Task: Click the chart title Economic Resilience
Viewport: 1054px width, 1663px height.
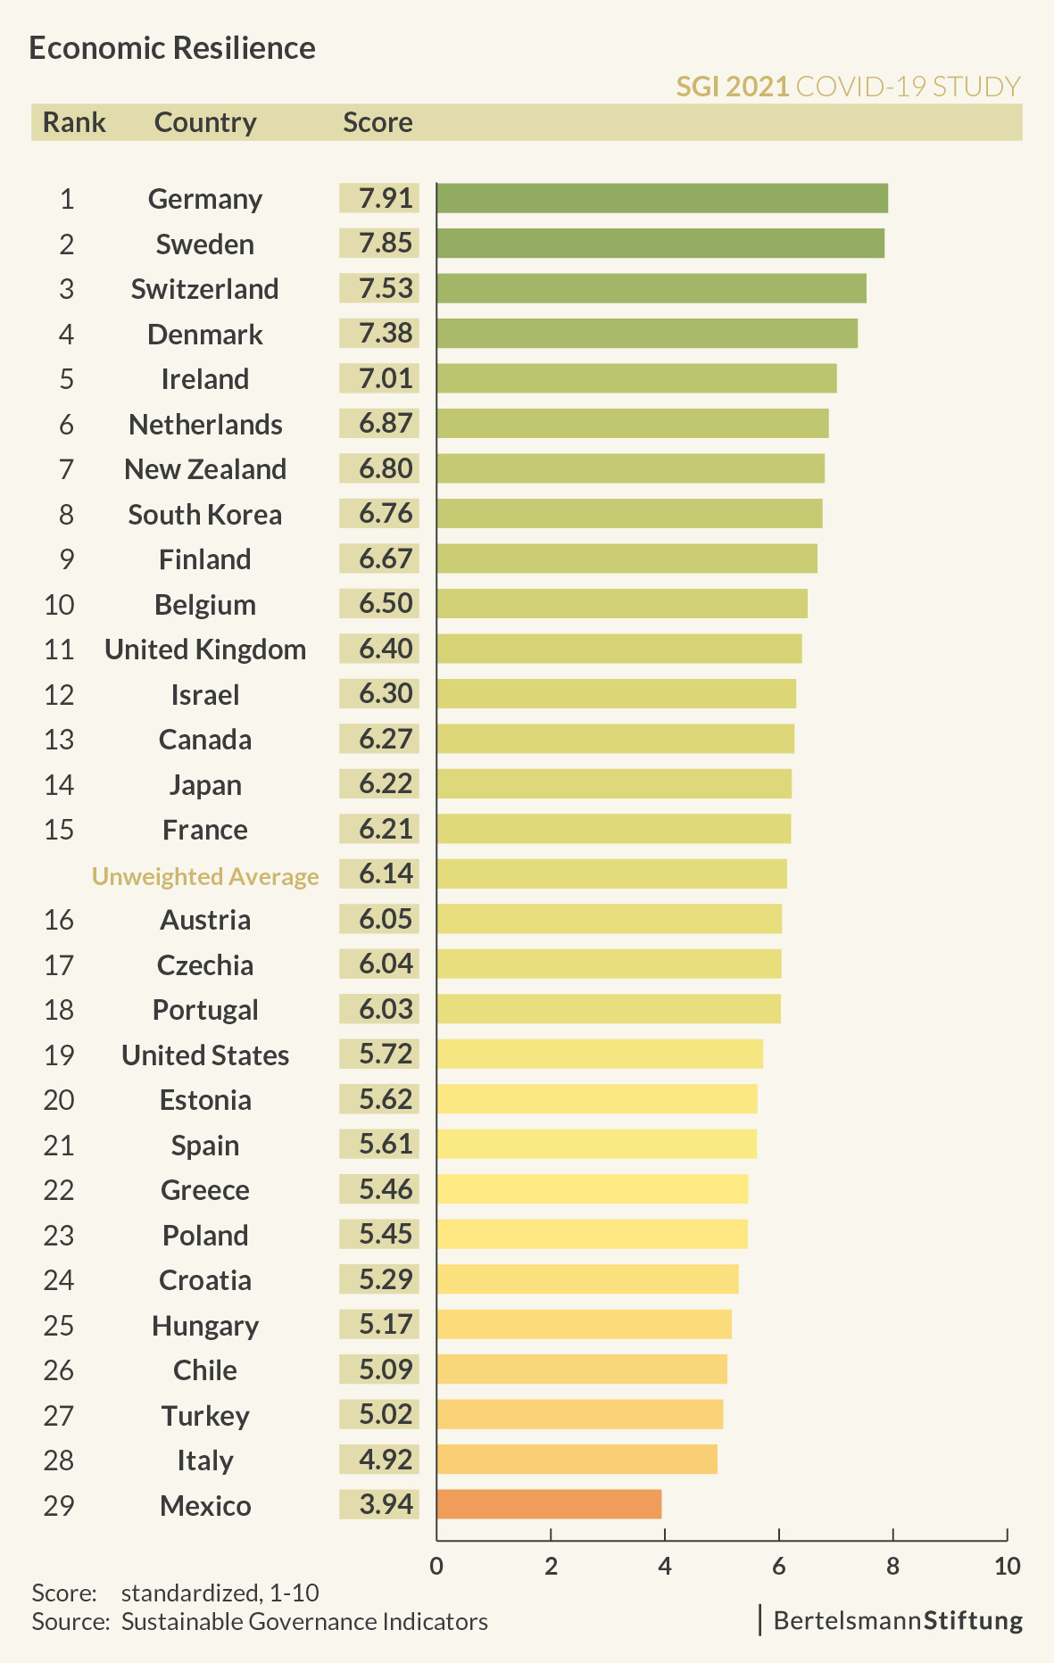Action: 172,48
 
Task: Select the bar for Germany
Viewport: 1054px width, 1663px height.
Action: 661,198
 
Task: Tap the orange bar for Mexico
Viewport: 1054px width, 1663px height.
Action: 549,1504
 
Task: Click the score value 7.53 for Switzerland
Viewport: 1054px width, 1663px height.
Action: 386,288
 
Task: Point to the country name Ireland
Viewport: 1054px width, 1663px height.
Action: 205,379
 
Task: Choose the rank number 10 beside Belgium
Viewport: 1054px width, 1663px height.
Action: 59,605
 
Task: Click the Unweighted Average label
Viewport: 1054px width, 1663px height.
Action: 205,876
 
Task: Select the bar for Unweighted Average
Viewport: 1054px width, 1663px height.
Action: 611,874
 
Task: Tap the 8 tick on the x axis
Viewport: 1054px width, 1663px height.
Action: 892,1566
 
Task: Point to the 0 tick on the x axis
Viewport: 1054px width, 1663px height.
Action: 436,1566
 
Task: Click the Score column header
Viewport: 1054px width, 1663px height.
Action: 378,122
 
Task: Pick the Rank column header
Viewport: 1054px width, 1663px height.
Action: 74,122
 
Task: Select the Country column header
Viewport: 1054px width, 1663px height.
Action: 205,122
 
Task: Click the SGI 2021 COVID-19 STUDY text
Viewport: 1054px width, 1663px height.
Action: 848,87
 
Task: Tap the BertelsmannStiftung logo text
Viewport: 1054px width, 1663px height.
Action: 898,1620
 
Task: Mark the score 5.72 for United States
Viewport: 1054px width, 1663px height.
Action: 386,1054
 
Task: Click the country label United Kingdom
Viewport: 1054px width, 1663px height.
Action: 205,649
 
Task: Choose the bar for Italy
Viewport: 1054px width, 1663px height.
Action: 577,1460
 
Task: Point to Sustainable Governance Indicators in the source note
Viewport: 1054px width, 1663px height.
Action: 304,1621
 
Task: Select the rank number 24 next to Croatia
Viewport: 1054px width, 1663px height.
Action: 59,1280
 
